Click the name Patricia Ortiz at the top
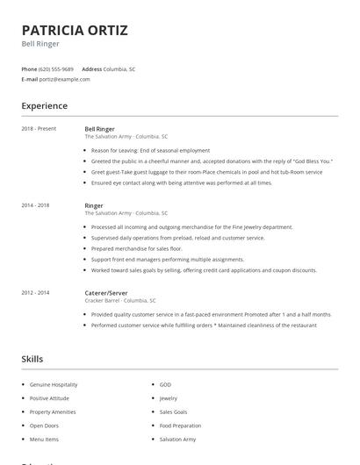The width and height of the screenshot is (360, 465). tap(75, 31)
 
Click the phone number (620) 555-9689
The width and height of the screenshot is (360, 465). tap(56, 68)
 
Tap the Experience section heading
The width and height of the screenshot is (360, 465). tap(44, 106)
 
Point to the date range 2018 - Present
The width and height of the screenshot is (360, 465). tap(39, 129)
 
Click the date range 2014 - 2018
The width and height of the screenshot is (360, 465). tap(35, 204)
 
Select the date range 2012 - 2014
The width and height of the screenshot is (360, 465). tap(35, 292)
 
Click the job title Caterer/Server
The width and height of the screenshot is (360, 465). tap(106, 292)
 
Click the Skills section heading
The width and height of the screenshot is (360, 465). tap(32, 359)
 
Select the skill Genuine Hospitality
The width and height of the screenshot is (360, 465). tap(54, 384)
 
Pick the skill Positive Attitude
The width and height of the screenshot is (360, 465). tap(49, 398)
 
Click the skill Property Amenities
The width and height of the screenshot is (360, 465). tap(53, 411)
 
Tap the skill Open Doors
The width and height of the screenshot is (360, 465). tap(44, 426)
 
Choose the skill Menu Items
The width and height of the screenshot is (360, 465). tap(44, 439)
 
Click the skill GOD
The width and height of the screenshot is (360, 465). tap(165, 384)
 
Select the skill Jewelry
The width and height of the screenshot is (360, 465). tap(168, 398)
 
